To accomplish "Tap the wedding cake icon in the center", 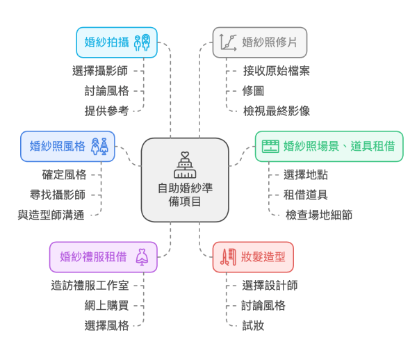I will tap(184, 165).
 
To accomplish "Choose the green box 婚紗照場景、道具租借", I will tap(329, 146).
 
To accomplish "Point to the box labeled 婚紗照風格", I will tap(67, 146).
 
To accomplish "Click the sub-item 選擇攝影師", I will tap(101, 70).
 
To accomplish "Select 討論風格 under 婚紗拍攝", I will tap(107, 90).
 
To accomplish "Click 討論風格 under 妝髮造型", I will tap(264, 306).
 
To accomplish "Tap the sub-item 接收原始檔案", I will tap(277, 70).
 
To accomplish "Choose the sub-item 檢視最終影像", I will tap(277, 111).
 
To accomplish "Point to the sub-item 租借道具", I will tap(306, 195).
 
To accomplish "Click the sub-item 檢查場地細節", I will tap(319, 215).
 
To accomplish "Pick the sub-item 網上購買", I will tap(107, 306).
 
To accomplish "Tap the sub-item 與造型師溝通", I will tap(51, 215).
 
